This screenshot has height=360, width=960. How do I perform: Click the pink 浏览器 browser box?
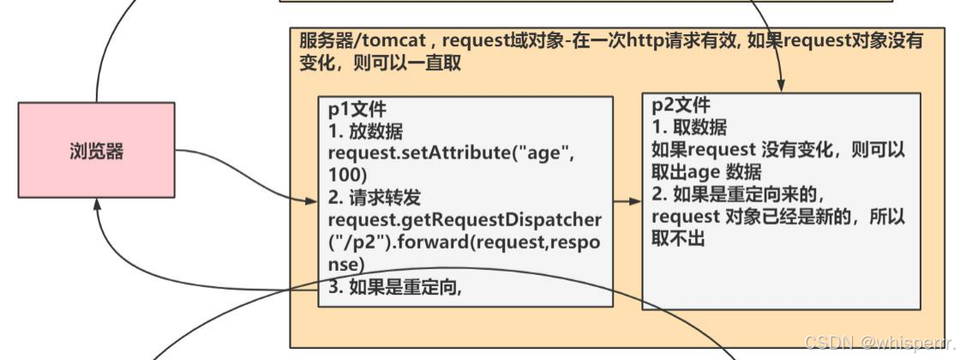click(96, 150)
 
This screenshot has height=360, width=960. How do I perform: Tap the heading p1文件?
click(357, 111)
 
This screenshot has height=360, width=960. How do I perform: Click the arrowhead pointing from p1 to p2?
click(635, 201)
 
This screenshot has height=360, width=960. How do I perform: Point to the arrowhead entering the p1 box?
click(311, 201)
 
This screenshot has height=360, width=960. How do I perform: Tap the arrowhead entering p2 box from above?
click(783, 87)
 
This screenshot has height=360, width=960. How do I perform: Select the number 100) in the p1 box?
click(348, 175)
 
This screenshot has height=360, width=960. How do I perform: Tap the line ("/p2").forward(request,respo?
click(464, 242)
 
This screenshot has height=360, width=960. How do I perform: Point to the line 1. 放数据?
click(365, 132)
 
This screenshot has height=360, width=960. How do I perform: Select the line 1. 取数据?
click(689, 128)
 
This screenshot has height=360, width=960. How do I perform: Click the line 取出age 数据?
click(707, 172)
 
